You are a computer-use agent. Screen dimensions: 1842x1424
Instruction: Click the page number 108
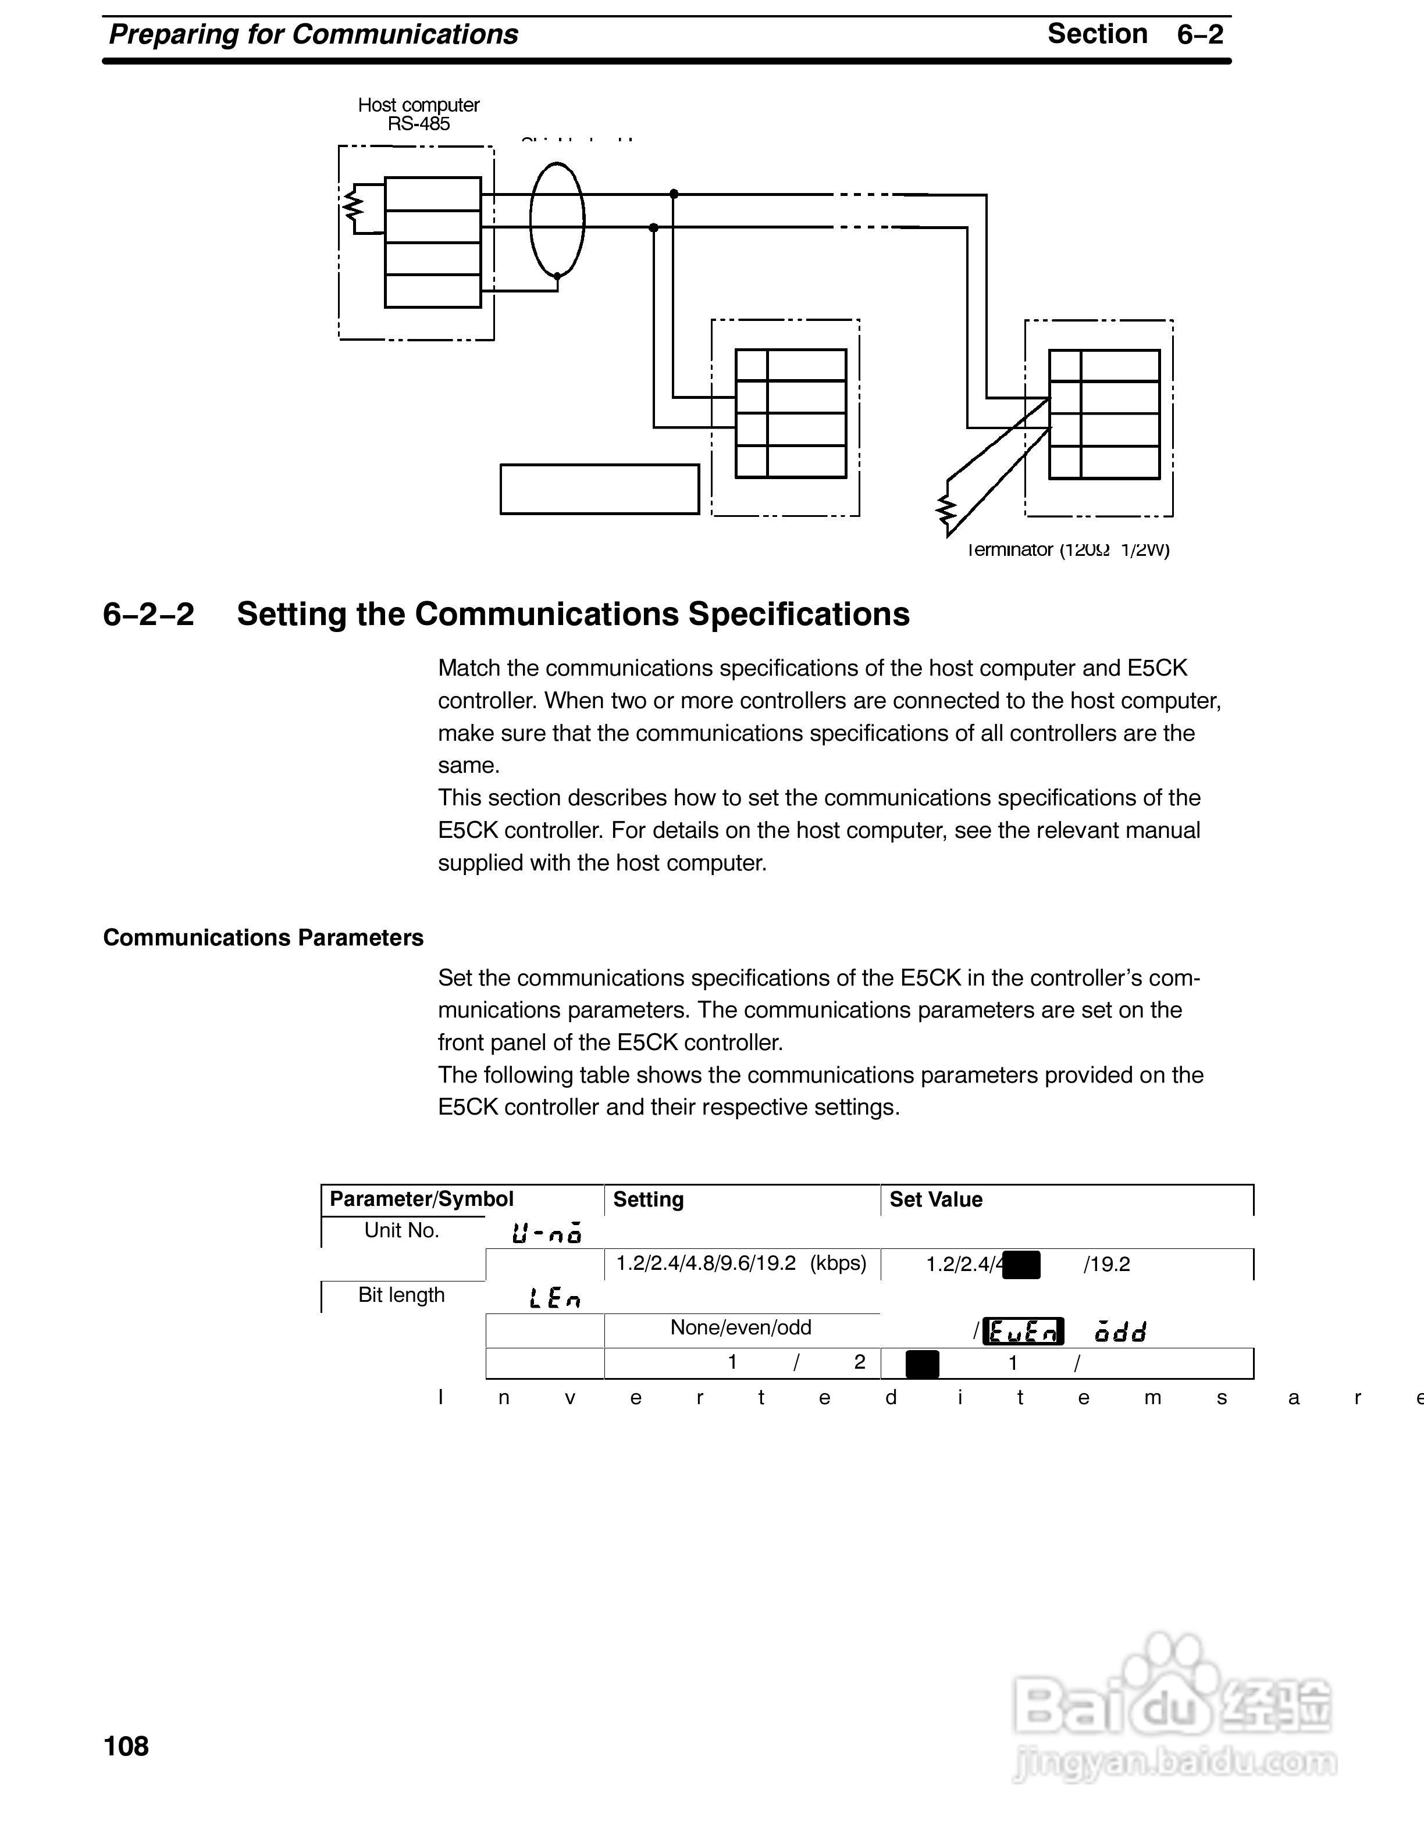126,1745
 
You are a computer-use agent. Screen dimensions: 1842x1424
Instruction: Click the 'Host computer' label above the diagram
418,105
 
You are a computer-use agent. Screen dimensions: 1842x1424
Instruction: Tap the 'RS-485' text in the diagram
418,124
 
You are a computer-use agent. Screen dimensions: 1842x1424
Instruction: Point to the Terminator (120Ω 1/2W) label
1069,550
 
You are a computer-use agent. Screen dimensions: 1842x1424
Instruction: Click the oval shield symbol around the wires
557,220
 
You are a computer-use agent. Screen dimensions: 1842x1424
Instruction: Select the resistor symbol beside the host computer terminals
352,205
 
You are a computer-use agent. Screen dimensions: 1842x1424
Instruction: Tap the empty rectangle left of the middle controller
599,489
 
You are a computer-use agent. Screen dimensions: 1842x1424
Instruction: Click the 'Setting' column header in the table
648,1200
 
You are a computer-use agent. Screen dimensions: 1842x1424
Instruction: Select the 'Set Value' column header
935,1200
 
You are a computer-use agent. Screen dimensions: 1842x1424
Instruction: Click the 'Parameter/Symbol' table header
421,1200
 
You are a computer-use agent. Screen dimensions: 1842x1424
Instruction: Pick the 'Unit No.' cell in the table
401,1230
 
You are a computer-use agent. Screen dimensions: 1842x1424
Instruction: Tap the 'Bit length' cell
401,1295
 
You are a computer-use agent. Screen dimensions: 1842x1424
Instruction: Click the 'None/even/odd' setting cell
741,1327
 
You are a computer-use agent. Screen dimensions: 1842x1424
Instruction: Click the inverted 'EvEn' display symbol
1024,1331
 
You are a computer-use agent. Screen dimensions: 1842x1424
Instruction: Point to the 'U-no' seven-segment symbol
547,1234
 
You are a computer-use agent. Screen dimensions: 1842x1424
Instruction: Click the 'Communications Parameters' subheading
263,938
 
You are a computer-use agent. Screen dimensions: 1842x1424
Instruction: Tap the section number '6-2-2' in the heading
148,614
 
